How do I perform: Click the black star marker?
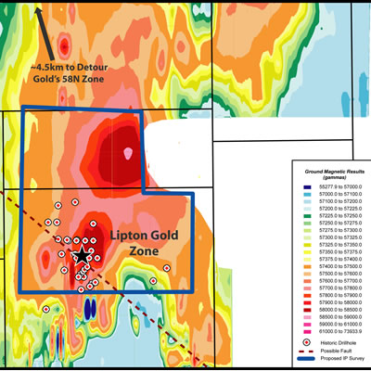[x=83, y=254]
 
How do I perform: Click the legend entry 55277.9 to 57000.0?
[x=330, y=188]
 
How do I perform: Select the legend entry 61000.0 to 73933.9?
[x=330, y=329]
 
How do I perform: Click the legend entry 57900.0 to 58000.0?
[x=330, y=292]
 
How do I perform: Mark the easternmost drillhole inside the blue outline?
[x=166, y=268]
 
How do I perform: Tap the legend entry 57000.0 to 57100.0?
[x=330, y=196]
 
